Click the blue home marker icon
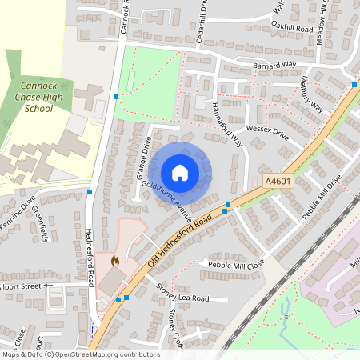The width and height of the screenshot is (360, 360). click(x=180, y=172)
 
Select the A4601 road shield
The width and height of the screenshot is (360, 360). click(x=278, y=182)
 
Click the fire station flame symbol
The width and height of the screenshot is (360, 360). click(x=115, y=260)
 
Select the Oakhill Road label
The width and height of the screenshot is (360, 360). click(x=291, y=27)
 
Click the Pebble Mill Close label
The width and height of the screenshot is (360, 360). click(x=236, y=264)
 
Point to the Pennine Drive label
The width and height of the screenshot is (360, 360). click(x=18, y=213)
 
